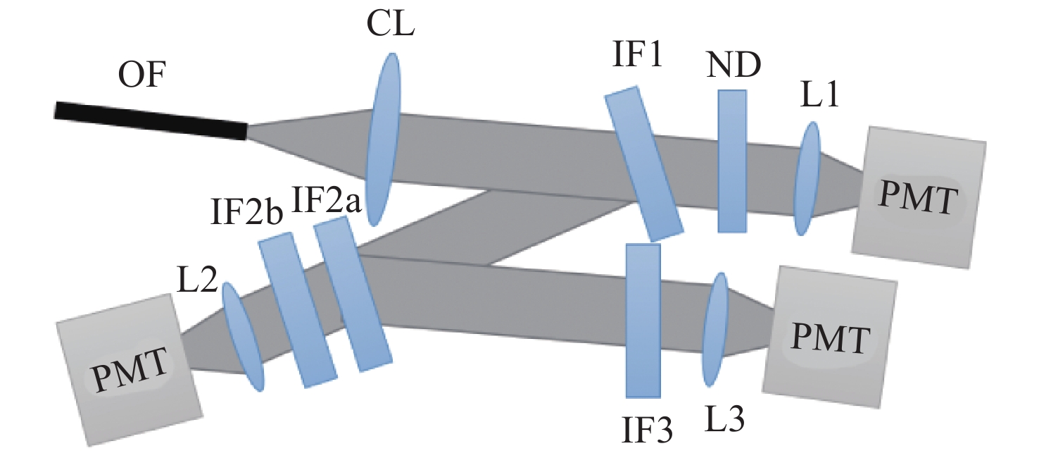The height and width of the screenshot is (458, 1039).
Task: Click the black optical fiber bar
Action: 151,120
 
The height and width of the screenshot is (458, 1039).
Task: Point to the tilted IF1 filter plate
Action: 643,163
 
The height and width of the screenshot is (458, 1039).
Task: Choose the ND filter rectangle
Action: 731,161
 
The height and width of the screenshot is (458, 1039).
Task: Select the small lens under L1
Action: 807,178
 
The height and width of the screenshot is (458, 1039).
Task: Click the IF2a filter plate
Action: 352,294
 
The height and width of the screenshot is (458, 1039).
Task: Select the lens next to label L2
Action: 243,336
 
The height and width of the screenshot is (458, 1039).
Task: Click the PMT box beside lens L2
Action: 128,369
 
